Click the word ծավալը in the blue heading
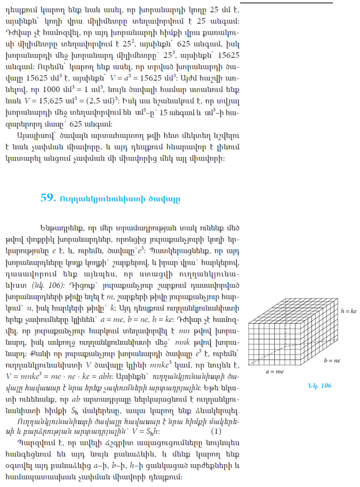tap(167, 199)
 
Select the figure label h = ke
tap(349, 311)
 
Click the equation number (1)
tap(216, 432)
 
